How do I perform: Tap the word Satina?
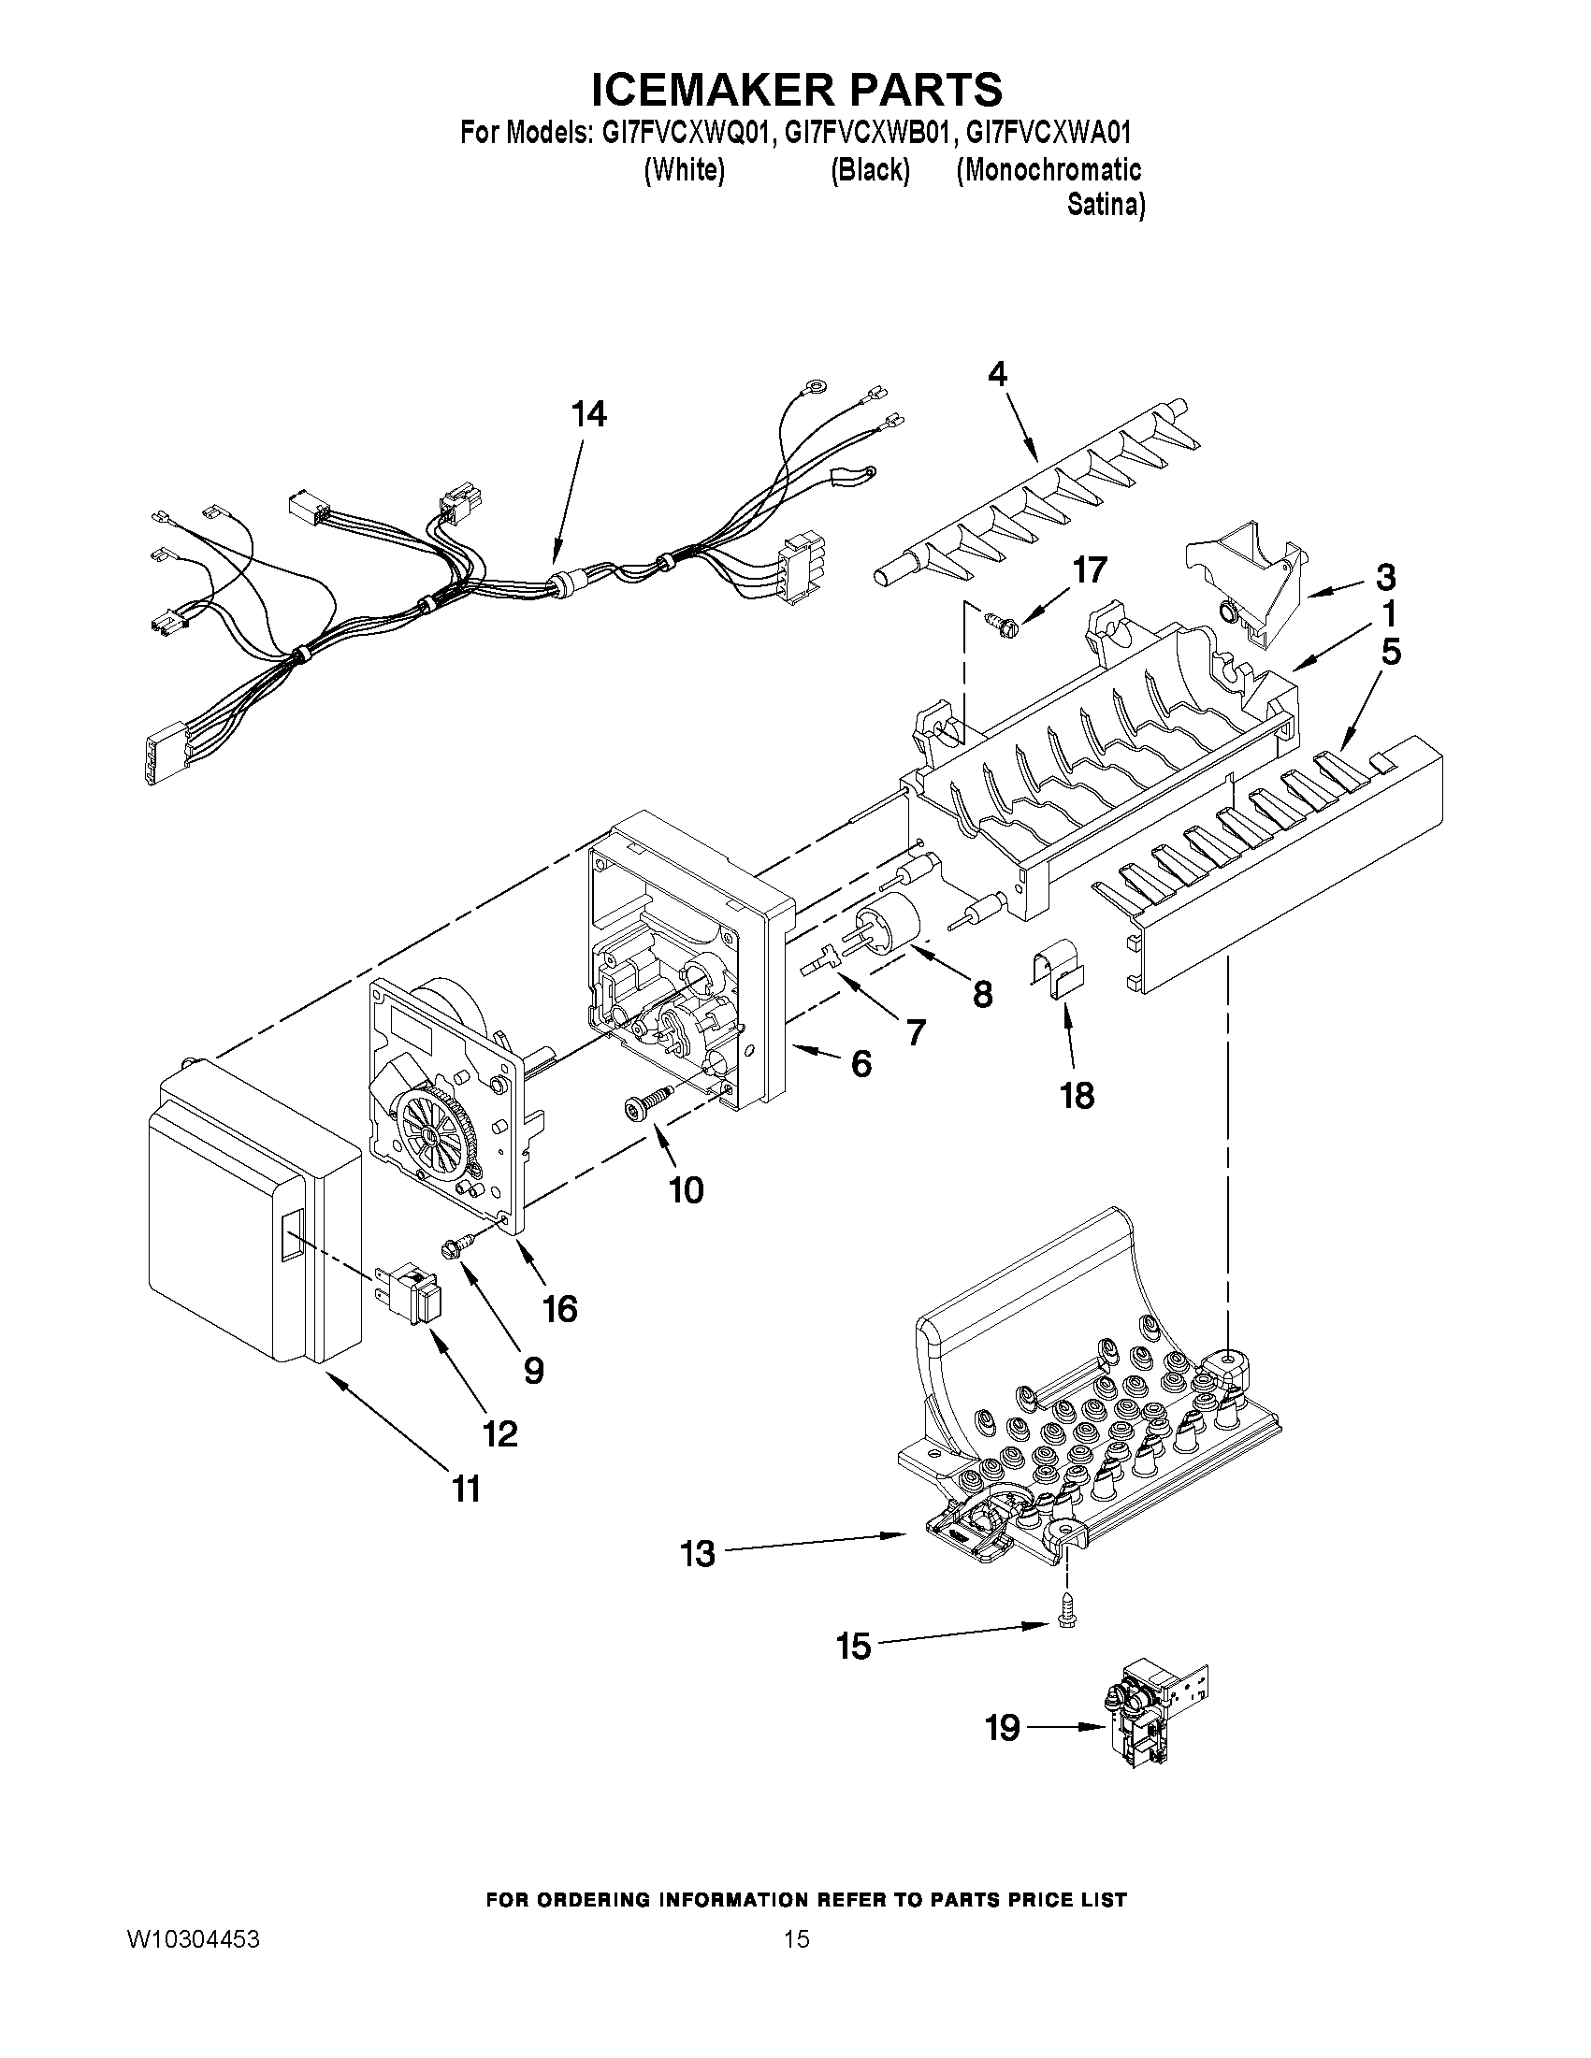(x=1105, y=205)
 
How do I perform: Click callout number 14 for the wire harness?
(x=589, y=413)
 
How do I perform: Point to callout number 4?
(x=996, y=374)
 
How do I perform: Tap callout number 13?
(x=699, y=1553)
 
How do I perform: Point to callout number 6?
(x=861, y=1064)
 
